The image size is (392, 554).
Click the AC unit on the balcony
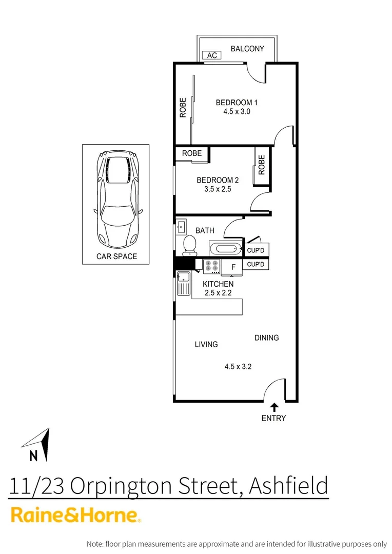click(x=212, y=55)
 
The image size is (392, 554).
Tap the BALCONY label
click(x=247, y=49)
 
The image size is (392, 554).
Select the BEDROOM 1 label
click(x=237, y=103)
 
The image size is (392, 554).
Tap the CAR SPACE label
click(x=116, y=256)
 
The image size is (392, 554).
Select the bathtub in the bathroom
click(x=225, y=249)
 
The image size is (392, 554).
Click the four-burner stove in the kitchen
click(x=212, y=266)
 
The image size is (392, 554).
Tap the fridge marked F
click(x=233, y=267)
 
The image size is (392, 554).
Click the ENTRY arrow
click(x=274, y=407)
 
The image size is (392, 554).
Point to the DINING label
click(x=266, y=338)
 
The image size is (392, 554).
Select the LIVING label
click(x=206, y=344)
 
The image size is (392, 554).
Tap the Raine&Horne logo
click(x=75, y=516)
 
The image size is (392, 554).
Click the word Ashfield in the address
click(x=288, y=485)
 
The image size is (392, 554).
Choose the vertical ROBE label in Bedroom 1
click(x=183, y=108)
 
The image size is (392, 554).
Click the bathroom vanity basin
click(x=181, y=226)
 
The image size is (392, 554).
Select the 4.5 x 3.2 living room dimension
click(x=237, y=366)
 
